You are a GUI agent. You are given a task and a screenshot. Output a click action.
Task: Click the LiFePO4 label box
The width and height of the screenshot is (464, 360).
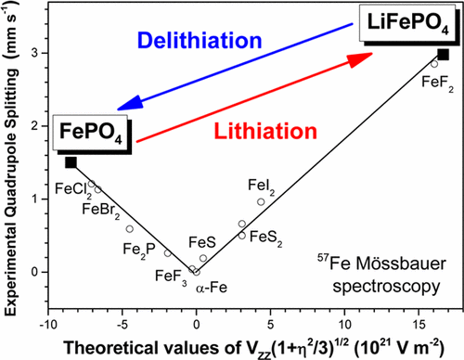[x=406, y=21]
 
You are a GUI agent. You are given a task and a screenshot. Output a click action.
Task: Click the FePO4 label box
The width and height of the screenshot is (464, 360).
[x=91, y=130]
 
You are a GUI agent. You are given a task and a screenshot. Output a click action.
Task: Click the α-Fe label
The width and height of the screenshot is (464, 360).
[x=211, y=289]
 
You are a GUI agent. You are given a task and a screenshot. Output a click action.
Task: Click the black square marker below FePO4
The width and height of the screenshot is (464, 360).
[x=71, y=162]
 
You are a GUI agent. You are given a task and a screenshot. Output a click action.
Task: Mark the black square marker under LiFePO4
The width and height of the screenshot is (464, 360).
[x=444, y=55]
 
